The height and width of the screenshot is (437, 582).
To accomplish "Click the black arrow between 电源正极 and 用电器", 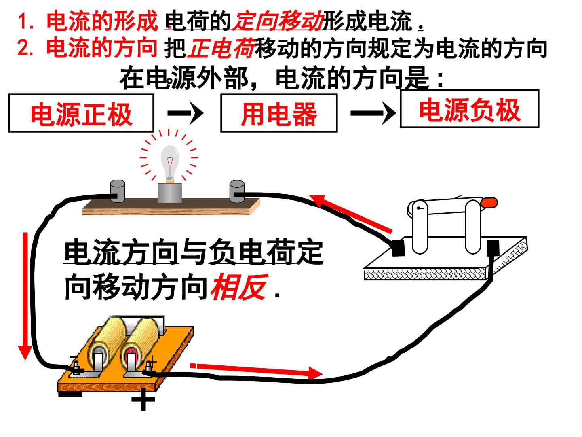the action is (186, 113).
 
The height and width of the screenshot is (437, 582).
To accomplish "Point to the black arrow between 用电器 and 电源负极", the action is (373, 113).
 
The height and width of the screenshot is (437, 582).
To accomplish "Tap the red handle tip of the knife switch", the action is (489, 203).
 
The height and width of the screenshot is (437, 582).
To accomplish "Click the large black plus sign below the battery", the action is (143, 400).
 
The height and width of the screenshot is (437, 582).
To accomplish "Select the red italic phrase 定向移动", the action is (278, 20).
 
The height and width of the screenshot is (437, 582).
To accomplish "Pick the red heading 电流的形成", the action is (102, 20).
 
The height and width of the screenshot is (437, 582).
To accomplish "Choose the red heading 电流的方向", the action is (102, 48).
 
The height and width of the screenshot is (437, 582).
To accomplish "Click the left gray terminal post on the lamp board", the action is (118, 191).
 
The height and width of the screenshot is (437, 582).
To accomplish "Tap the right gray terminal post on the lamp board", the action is (237, 191).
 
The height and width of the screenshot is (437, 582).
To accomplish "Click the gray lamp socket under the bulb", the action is (170, 193).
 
